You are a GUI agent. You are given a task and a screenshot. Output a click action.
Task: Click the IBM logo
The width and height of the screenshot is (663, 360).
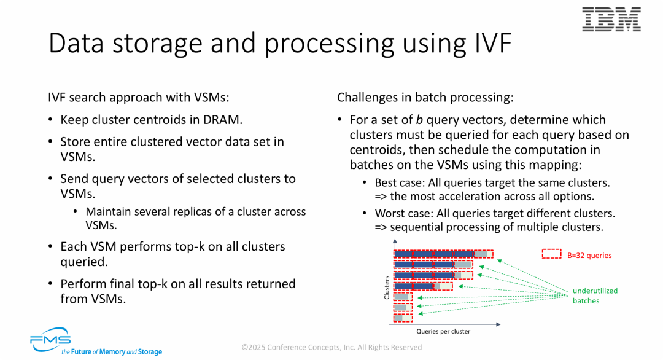611,20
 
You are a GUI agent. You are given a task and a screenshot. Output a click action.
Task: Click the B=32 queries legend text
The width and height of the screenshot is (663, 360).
589,256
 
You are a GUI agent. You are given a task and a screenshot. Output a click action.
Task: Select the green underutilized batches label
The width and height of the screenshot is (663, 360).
595,295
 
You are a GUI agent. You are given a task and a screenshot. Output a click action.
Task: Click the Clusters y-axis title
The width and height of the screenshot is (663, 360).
387,288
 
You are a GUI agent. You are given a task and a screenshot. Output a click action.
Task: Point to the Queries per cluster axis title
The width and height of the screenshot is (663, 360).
443,332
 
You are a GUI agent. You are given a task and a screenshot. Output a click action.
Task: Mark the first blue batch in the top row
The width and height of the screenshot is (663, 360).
403,254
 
